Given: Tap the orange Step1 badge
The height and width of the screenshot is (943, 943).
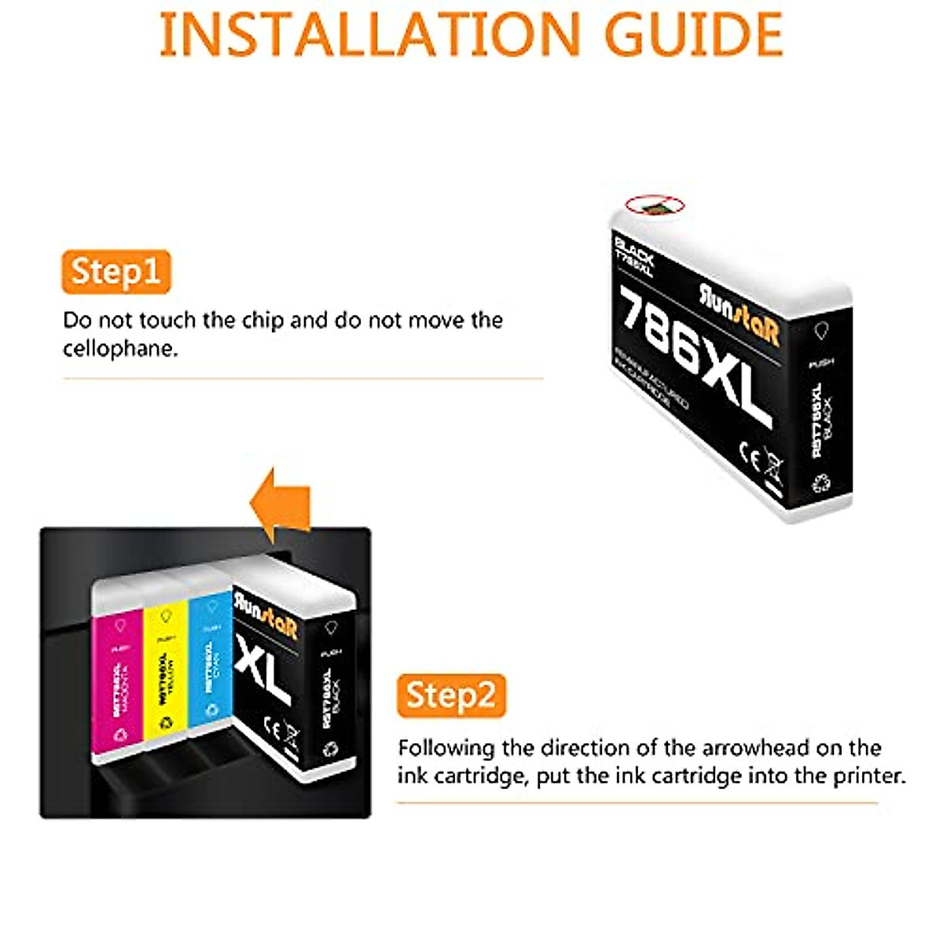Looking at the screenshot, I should [116, 272].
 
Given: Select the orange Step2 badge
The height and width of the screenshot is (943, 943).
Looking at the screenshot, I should [451, 696].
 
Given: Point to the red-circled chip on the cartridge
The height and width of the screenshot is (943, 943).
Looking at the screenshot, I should [655, 206].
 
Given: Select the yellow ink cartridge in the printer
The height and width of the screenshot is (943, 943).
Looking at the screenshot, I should [165, 676].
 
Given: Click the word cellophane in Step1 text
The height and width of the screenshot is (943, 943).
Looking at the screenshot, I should [120, 349].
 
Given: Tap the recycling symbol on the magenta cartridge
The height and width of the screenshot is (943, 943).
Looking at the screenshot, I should [119, 734].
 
